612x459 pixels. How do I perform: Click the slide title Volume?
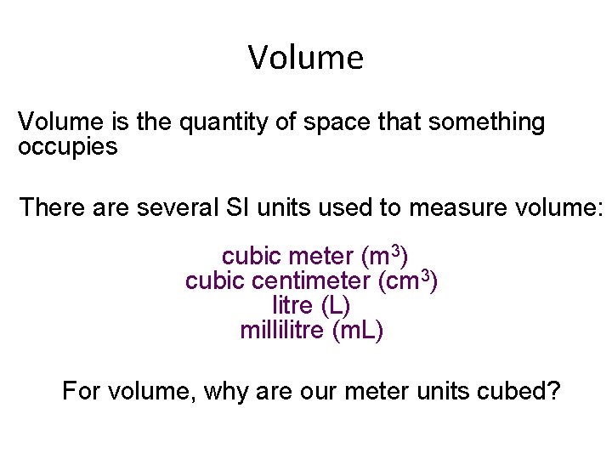pos(306,58)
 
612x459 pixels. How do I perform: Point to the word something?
pos(486,122)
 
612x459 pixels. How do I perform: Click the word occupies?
pos(67,147)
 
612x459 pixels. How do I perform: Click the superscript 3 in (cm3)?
pos(426,275)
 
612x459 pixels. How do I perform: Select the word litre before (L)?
pos(292,305)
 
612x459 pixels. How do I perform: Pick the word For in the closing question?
pos(82,392)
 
